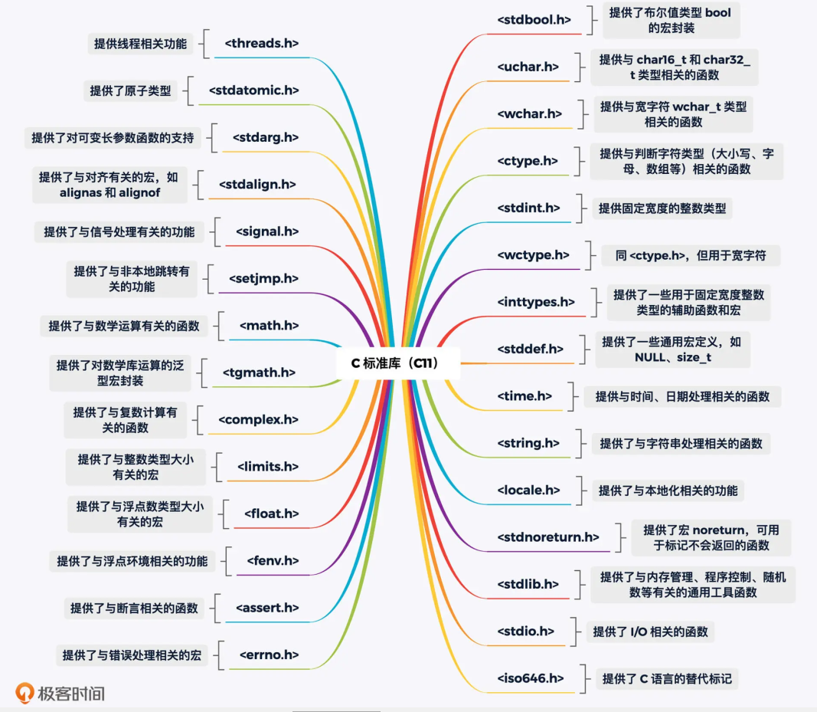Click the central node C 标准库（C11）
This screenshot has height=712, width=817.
[x=397, y=363]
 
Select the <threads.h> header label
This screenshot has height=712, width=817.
[x=261, y=44]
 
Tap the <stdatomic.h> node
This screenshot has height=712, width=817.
[x=253, y=90]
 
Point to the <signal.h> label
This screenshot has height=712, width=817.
[x=267, y=231]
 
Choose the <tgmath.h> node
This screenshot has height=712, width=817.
[x=259, y=372]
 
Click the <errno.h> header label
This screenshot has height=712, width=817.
[x=269, y=655]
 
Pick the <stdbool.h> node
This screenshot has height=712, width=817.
[x=534, y=20]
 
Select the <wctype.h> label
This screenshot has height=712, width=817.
[x=533, y=254]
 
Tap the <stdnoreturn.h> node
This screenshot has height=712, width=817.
[x=548, y=537]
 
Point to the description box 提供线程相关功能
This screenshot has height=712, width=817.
[x=140, y=44]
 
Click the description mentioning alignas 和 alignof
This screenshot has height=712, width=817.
[x=110, y=185]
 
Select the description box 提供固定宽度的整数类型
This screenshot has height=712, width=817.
[x=662, y=208]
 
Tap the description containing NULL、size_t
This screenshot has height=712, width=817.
[x=672, y=349]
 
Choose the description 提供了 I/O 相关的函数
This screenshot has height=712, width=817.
[x=650, y=632]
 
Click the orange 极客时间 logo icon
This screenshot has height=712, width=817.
[x=26, y=694]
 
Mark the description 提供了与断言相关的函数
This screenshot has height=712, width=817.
[x=134, y=608]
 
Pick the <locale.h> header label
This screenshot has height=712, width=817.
[x=528, y=490]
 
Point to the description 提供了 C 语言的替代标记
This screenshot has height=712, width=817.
[x=667, y=678]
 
